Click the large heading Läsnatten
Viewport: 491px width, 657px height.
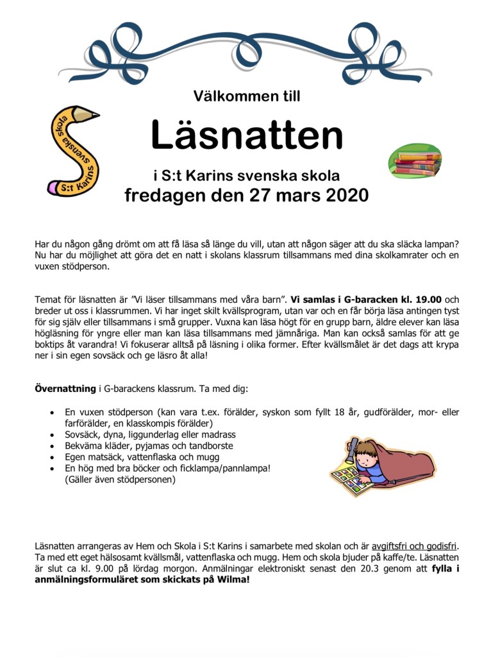click(x=246, y=135)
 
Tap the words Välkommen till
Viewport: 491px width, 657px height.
click(x=246, y=97)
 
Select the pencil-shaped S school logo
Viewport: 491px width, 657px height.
click(x=73, y=151)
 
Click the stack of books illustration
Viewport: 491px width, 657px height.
click(x=415, y=162)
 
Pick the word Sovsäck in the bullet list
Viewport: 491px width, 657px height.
click(x=81, y=434)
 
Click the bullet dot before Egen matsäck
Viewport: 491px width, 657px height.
click(x=52, y=457)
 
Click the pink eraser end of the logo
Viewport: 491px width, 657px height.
click(x=53, y=189)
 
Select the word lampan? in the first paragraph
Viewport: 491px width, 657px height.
click(x=442, y=244)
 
